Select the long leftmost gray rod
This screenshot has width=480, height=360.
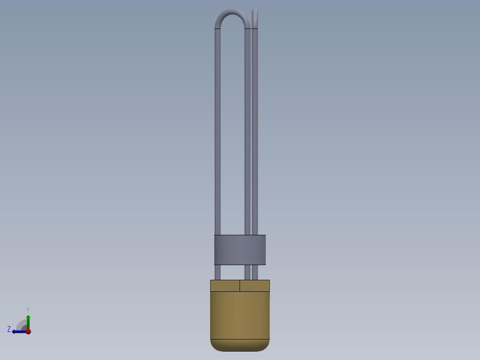(x=218, y=134)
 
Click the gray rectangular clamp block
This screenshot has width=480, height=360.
(x=240, y=250)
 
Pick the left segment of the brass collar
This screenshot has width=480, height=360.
(x=225, y=286)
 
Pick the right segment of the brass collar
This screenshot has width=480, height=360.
(x=255, y=286)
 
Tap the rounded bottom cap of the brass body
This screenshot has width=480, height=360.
(x=240, y=345)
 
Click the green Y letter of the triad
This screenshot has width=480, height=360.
(x=28, y=309)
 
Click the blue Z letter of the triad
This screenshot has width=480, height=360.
(x=9, y=329)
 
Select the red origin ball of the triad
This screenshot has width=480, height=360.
(x=28, y=331)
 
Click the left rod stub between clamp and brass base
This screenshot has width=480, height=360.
(x=218, y=272)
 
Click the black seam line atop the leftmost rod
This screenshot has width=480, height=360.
(x=218, y=29)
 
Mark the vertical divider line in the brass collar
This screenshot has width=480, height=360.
(x=240, y=286)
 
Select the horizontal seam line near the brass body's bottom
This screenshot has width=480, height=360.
(x=240, y=340)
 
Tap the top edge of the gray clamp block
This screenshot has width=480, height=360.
(x=240, y=235)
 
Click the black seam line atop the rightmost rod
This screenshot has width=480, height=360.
(x=255, y=29)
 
